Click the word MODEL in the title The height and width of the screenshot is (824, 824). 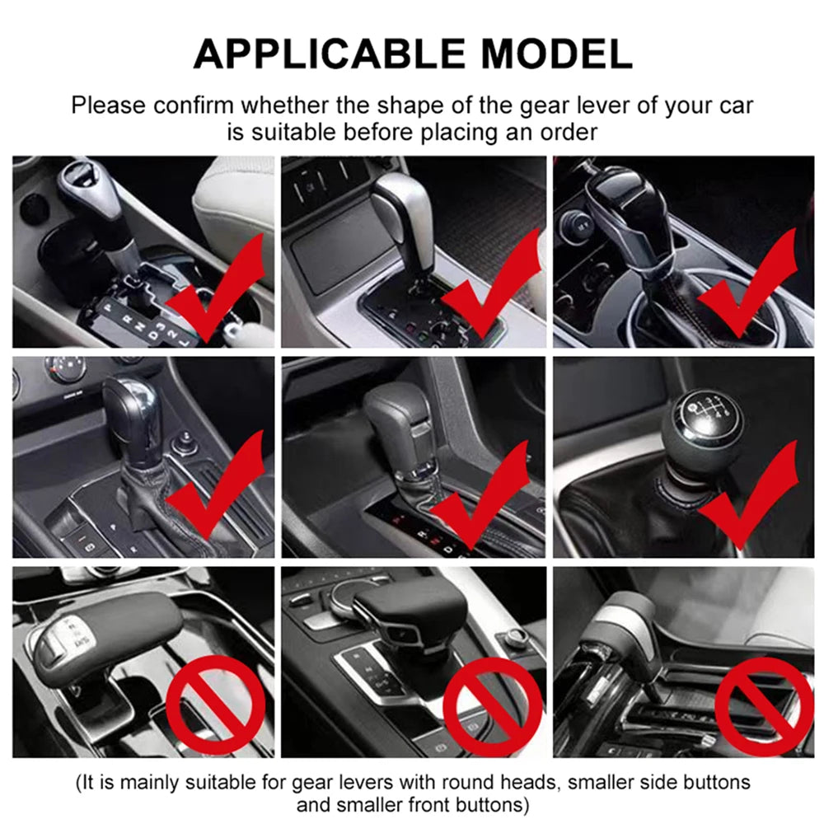pos(556,54)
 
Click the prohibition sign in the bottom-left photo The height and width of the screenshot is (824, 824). pos(216,705)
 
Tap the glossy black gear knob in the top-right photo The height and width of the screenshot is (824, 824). pos(630,206)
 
